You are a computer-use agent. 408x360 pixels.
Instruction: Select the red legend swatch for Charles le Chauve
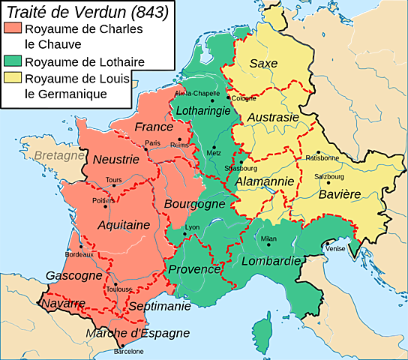(x=13, y=28)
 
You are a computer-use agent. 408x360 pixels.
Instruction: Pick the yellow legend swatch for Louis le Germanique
(x=13, y=79)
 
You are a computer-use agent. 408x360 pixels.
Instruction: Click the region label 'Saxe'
(x=263, y=63)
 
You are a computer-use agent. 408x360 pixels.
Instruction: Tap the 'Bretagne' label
(x=59, y=157)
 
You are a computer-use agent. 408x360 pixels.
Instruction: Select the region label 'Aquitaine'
(x=124, y=224)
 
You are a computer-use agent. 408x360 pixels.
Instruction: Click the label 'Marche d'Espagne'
(x=137, y=334)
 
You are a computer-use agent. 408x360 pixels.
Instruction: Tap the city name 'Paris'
(x=153, y=143)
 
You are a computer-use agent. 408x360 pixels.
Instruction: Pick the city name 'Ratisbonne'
(x=322, y=157)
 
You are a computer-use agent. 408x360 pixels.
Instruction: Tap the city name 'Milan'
(x=268, y=238)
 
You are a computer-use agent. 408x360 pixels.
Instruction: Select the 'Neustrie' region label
(x=115, y=159)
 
